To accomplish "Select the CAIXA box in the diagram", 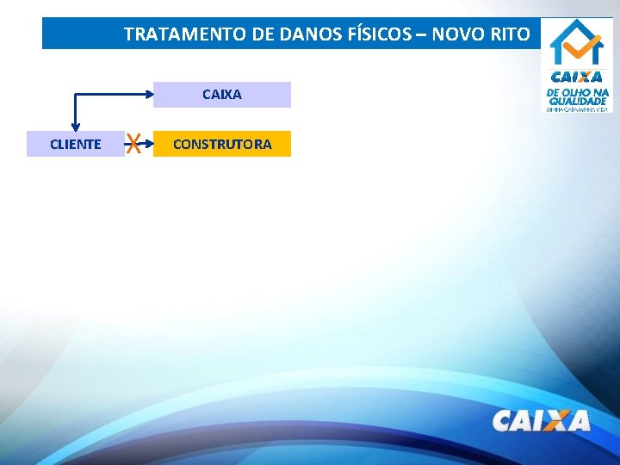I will click(222, 95).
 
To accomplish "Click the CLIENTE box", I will click(76, 144).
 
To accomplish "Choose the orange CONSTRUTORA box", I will click(222, 144).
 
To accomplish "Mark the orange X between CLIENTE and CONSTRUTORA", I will click(133, 144).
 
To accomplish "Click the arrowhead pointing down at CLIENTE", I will click(76, 127).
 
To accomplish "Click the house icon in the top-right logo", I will click(577, 43).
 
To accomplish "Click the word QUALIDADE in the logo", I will click(577, 100).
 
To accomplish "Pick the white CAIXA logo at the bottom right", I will click(541, 420).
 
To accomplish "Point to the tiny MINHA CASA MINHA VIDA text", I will click(577, 108).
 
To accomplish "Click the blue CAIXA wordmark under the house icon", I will click(577, 77).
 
